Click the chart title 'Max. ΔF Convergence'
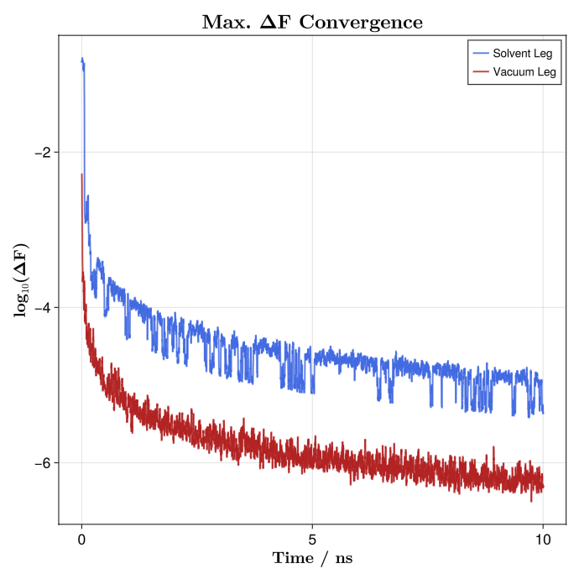[312, 22]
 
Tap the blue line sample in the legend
[482, 53]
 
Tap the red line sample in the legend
[482, 72]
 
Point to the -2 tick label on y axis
[43, 152]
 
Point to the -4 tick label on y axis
[43, 307]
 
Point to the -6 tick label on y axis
[43, 462]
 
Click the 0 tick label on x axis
[81, 539]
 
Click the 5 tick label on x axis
[312, 539]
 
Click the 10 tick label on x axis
[543, 539]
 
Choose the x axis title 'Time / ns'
[312, 559]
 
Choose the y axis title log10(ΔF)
[20, 279]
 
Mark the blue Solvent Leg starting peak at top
[82, 60]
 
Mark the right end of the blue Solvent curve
[543, 411]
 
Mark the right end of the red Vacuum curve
[543, 486]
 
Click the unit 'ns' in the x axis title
[342, 559]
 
